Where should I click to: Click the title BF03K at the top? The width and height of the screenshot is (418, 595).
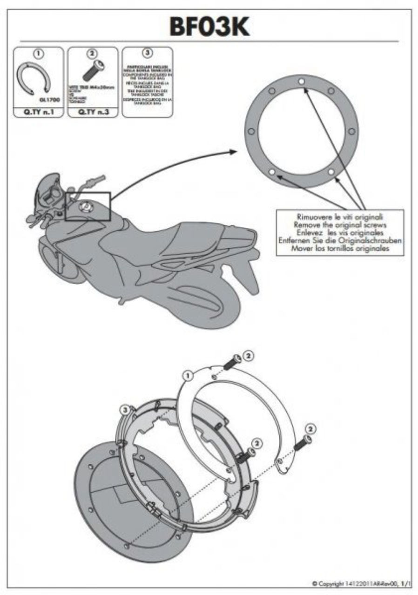pyautogui.click(x=209, y=26)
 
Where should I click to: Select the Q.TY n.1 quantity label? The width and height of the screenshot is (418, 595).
pyautogui.click(x=39, y=112)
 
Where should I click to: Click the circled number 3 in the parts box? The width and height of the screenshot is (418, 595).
pyautogui.click(x=147, y=53)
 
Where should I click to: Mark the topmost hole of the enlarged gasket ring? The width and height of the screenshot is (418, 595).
pyautogui.click(x=301, y=81)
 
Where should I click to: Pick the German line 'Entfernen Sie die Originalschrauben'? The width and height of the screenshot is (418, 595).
pyautogui.click(x=340, y=240)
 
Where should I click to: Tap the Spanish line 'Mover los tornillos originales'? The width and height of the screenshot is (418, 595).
pyautogui.click(x=340, y=248)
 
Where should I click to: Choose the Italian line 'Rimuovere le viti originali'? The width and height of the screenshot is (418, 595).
pyautogui.click(x=340, y=217)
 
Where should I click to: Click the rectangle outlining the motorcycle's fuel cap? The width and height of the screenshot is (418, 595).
pyautogui.click(x=88, y=206)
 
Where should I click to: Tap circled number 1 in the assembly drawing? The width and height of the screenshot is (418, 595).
pyautogui.click(x=189, y=373)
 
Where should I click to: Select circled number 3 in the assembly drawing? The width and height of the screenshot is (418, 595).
pyautogui.click(x=125, y=410)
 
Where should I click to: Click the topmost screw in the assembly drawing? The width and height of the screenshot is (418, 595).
pyautogui.click(x=231, y=362)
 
